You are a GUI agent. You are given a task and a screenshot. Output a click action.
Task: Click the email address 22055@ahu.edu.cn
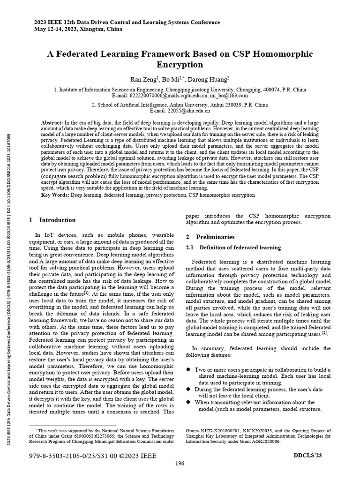180,111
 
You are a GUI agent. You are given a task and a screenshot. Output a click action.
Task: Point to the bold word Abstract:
52,123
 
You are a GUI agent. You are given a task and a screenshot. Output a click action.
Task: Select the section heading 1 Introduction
52,220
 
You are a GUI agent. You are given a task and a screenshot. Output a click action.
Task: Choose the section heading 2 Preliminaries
210,237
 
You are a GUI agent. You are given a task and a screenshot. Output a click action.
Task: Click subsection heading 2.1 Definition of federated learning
233,247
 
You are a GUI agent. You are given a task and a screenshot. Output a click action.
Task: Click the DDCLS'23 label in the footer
307,455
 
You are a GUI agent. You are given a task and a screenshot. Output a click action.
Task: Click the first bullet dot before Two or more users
188,370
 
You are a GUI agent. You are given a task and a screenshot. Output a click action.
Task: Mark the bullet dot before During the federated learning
188,390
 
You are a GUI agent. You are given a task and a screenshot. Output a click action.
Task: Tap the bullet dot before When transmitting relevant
188,402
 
